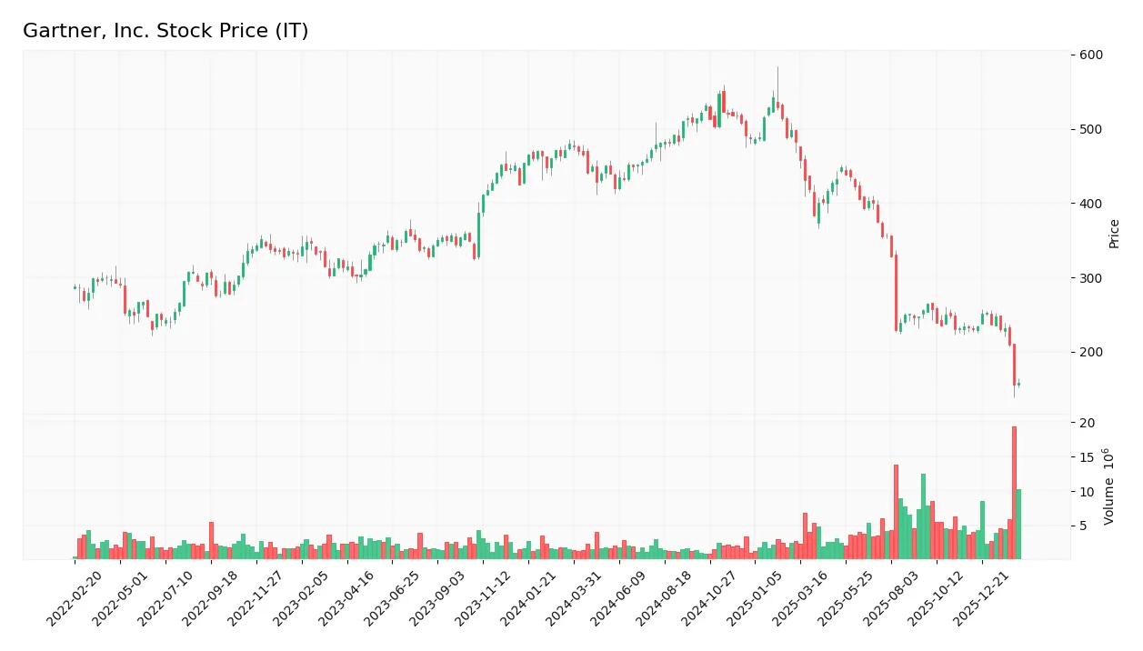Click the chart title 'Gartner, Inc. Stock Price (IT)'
165,31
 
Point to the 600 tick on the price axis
1091,55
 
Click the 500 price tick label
1091,129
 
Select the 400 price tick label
1091,204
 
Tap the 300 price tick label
1091,278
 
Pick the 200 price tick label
1091,352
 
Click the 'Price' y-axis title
1114,234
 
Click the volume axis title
1108,486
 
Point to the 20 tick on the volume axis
1088,423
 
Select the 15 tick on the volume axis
1088,457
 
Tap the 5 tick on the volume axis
1084,526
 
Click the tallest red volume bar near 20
1014,492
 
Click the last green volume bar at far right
1018,524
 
